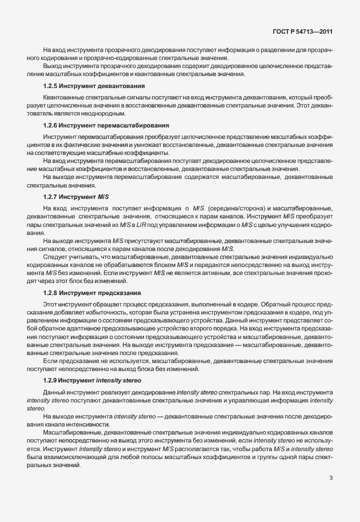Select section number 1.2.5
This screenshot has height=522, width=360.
[53, 86]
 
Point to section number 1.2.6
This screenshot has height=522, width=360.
[53, 125]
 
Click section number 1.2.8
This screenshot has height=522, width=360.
[53, 293]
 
